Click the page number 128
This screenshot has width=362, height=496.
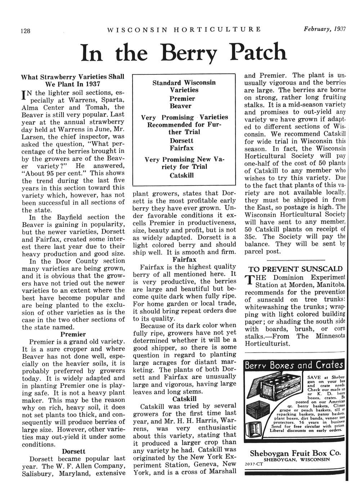click(x=25, y=31)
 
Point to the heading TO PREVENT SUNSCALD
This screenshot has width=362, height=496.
click(x=295, y=269)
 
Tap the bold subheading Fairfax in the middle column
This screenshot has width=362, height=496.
click(x=184, y=259)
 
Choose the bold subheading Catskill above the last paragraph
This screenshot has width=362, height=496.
click(x=184, y=399)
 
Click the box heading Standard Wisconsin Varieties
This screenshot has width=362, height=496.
click(x=184, y=86)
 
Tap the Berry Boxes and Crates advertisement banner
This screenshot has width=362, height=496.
click(x=294, y=366)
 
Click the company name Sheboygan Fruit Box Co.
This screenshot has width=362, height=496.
click(x=295, y=453)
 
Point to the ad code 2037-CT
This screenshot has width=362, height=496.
click(x=254, y=464)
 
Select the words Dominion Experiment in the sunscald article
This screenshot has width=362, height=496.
click(x=309, y=277)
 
